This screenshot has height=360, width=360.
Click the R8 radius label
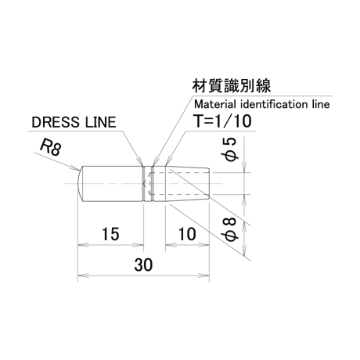(x=51, y=147)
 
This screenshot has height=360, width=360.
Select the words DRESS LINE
(x=74, y=122)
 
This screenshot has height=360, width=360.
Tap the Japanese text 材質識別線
(x=232, y=85)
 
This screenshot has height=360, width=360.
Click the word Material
(x=214, y=104)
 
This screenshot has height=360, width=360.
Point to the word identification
(x=272, y=104)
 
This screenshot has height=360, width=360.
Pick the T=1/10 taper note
(x=223, y=121)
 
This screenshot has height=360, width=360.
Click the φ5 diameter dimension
(x=229, y=149)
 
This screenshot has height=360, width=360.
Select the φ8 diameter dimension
(x=229, y=229)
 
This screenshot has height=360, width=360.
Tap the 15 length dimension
(x=110, y=234)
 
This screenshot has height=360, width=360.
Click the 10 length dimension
(x=187, y=234)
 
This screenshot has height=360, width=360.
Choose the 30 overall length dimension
(x=143, y=265)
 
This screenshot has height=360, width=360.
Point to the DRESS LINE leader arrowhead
(x=141, y=164)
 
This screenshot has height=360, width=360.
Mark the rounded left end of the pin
(x=80, y=184)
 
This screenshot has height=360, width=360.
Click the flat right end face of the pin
(x=209, y=184)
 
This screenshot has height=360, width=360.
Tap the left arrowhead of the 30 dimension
(x=83, y=275)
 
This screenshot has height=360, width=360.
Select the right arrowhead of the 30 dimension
(x=204, y=275)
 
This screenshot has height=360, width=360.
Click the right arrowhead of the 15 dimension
(x=139, y=245)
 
